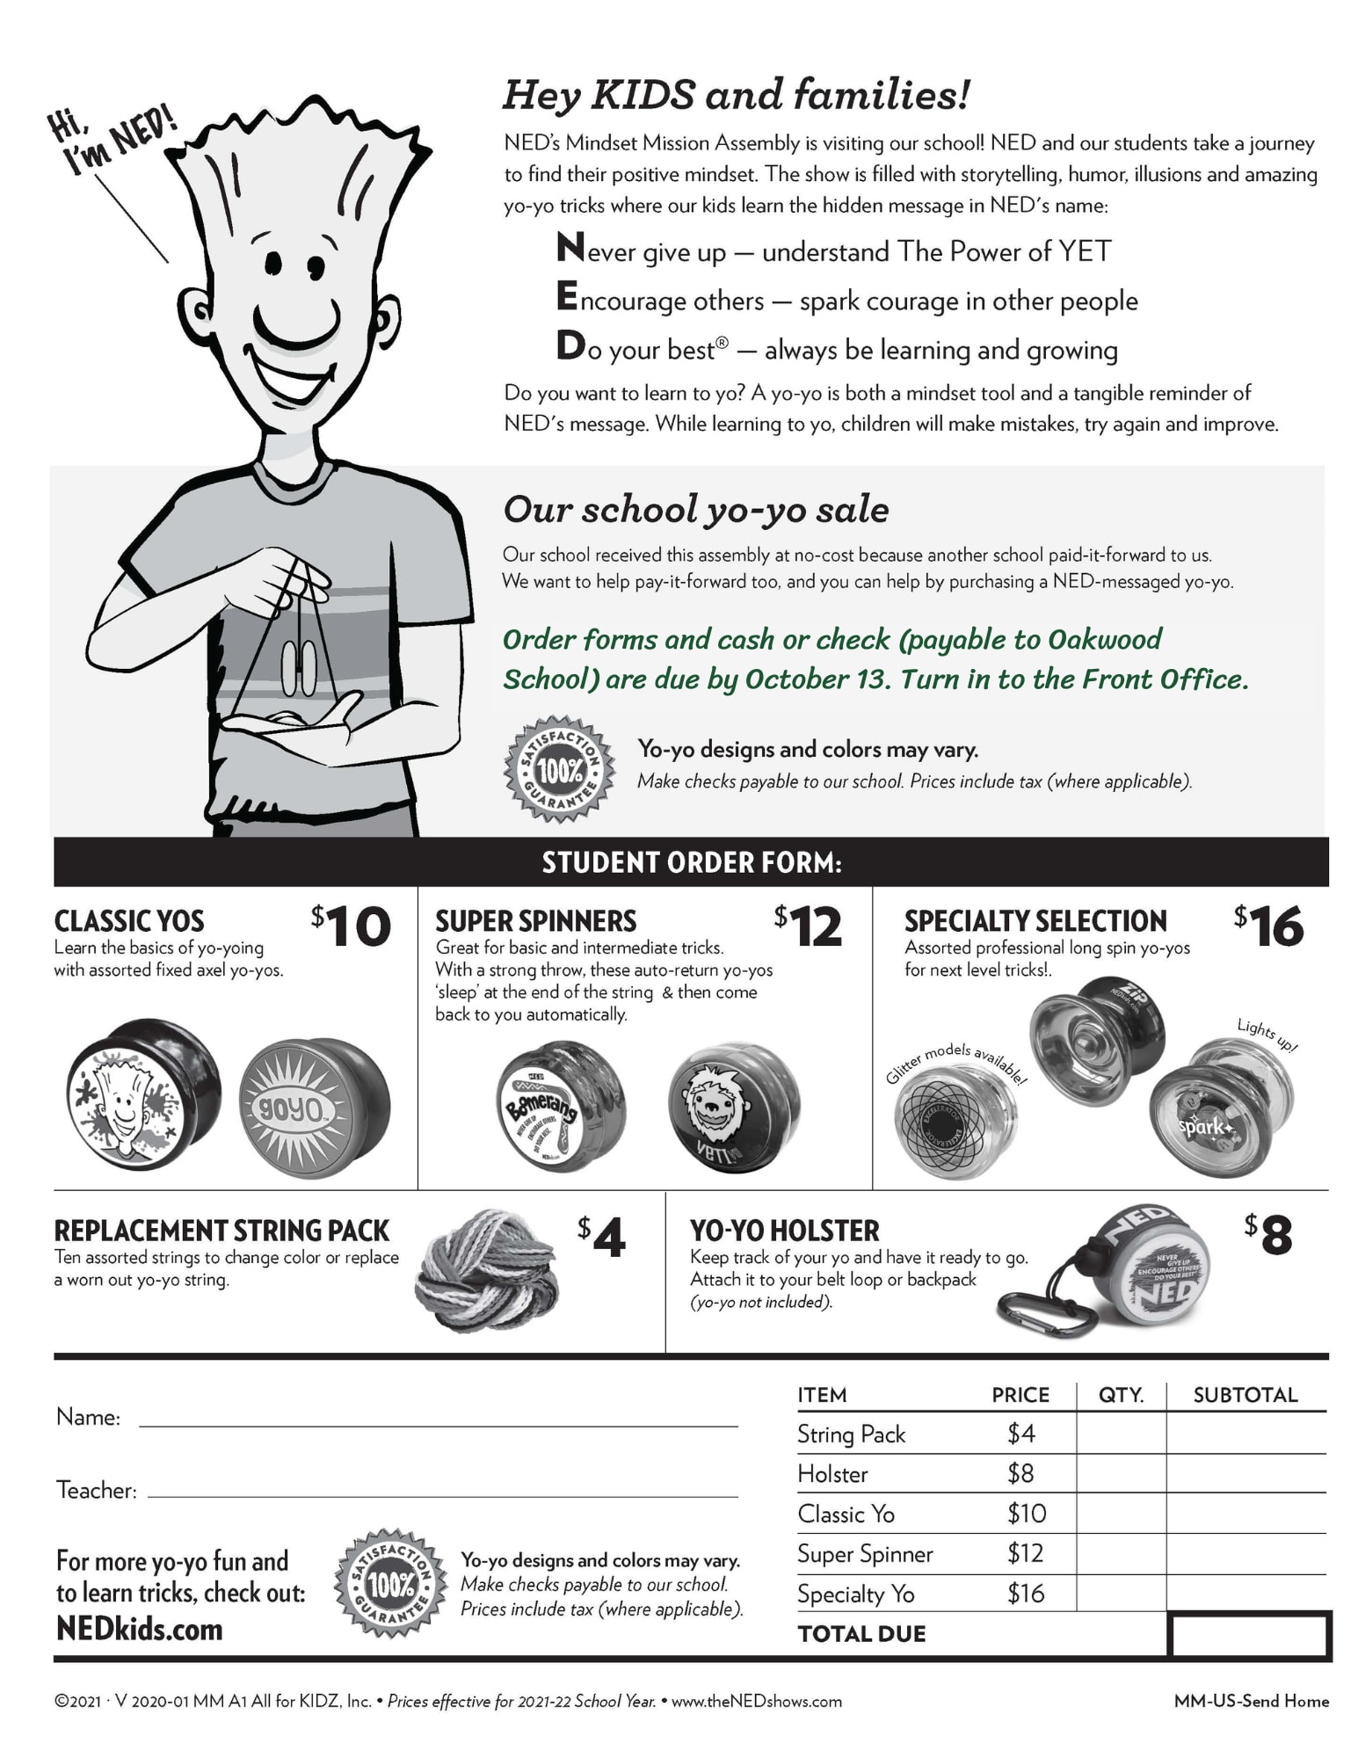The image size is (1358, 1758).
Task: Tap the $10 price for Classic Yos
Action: [352, 926]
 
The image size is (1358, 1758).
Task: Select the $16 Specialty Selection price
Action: [1269, 926]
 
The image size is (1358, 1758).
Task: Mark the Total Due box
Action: [1249, 1635]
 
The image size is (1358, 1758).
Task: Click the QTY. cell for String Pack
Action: [1121, 1434]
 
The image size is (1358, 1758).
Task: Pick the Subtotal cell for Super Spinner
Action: [1245, 1554]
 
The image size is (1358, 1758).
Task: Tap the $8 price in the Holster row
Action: [1020, 1473]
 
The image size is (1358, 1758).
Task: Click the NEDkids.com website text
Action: [140, 1629]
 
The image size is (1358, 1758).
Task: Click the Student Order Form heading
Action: [691, 862]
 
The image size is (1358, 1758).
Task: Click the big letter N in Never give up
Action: [571, 248]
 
